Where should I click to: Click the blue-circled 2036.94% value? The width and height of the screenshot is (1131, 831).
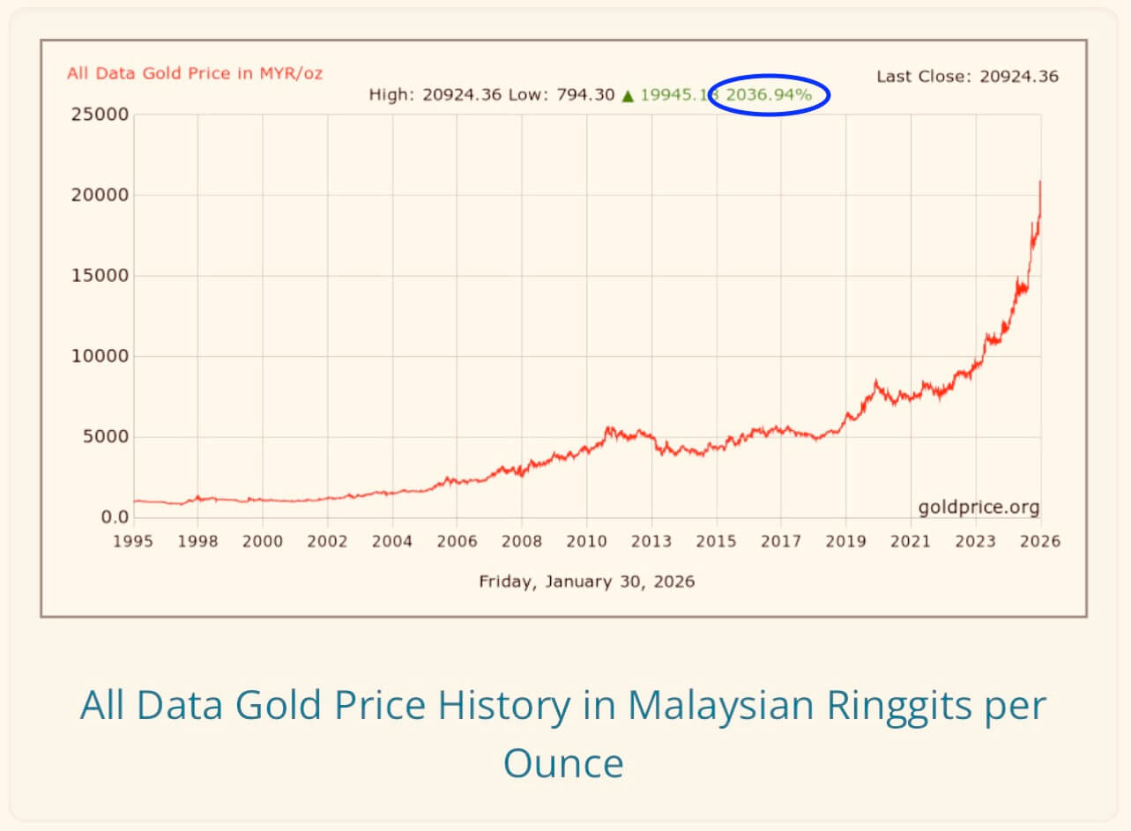coord(769,95)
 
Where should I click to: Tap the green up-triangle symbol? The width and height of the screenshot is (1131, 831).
coord(628,95)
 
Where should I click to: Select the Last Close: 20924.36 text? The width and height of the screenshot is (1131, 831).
coord(967,77)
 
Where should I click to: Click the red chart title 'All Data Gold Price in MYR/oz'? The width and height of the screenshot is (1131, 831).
coord(195,73)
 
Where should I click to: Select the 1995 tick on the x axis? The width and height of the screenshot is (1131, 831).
coord(133,541)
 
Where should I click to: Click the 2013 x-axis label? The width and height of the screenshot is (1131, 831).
coord(651,541)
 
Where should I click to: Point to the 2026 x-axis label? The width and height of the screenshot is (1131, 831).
coord(1040,541)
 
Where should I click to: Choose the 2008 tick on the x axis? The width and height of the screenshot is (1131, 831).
coord(522,541)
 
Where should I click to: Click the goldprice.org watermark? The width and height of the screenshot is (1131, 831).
coord(978,508)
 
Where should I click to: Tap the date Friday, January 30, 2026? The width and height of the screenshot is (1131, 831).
coord(586,582)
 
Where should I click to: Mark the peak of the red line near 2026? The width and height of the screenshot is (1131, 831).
coord(1040,182)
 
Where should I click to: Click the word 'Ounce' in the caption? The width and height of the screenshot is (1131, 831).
coord(563,762)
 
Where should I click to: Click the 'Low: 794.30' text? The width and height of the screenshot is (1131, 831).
coord(561,95)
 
